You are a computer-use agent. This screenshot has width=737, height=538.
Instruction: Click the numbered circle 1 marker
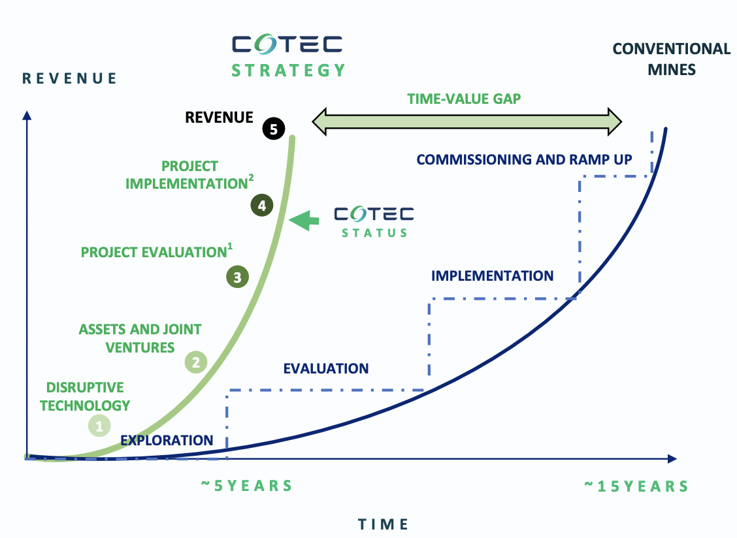pyautogui.click(x=99, y=426)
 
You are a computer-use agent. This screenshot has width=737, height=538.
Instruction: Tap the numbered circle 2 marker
pyautogui.click(x=196, y=362)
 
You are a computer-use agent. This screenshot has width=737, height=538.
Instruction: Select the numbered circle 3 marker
pyautogui.click(x=237, y=277)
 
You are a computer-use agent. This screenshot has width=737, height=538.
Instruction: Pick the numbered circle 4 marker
pyautogui.click(x=262, y=205)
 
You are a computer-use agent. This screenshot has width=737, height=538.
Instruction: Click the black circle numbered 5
pyautogui.click(x=274, y=129)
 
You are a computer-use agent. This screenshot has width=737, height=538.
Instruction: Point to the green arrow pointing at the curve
pyautogui.click(x=304, y=220)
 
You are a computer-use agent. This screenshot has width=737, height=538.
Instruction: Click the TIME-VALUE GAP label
pyautogui.click(x=464, y=99)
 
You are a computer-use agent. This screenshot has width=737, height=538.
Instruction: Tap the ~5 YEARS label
pyautogui.click(x=247, y=485)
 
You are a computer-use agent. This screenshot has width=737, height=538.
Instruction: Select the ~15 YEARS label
pyautogui.click(x=637, y=486)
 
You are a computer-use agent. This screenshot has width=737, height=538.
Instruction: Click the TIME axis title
pyautogui.click(x=383, y=524)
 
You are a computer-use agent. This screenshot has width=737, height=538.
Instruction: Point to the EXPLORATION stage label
pyautogui.click(x=167, y=440)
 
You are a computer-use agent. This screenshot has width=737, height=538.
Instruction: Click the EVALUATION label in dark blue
pyautogui.click(x=326, y=368)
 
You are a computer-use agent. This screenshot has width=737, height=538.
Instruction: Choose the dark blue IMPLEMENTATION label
pyautogui.click(x=492, y=276)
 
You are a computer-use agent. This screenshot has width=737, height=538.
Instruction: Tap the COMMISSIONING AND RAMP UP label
pyautogui.click(x=524, y=160)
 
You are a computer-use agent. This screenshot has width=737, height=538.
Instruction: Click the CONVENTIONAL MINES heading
pyautogui.click(x=672, y=59)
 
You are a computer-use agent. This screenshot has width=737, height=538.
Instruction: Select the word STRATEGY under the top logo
pyautogui.click(x=289, y=71)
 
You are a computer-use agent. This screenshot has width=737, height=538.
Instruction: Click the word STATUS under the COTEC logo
pyautogui.click(x=374, y=233)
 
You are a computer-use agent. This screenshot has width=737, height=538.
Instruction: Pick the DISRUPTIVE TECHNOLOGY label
pyautogui.click(x=85, y=396)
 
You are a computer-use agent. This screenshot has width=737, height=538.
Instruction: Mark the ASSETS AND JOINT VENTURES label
pyautogui.click(x=140, y=338)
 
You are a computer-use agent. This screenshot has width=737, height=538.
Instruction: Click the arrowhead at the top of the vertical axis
pyautogui.click(x=27, y=115)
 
